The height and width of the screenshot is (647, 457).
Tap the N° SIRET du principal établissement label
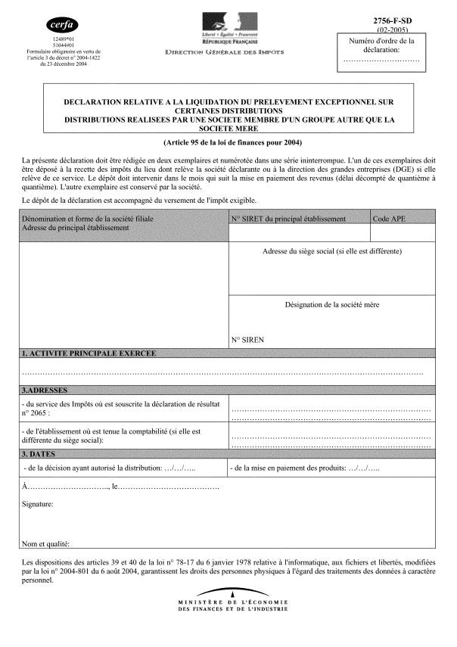(x=288, y=219)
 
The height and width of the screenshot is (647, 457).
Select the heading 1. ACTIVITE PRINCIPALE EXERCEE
(x=89, y=353)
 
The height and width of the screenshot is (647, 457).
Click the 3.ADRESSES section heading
(x=45, y=390)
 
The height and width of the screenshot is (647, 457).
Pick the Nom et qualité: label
(x=46, y=543)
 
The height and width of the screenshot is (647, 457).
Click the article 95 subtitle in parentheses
(x=227, y=142)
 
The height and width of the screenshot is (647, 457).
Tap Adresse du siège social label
(x=332, y=251)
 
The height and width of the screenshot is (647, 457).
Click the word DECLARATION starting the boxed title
(x=93, y=101)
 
